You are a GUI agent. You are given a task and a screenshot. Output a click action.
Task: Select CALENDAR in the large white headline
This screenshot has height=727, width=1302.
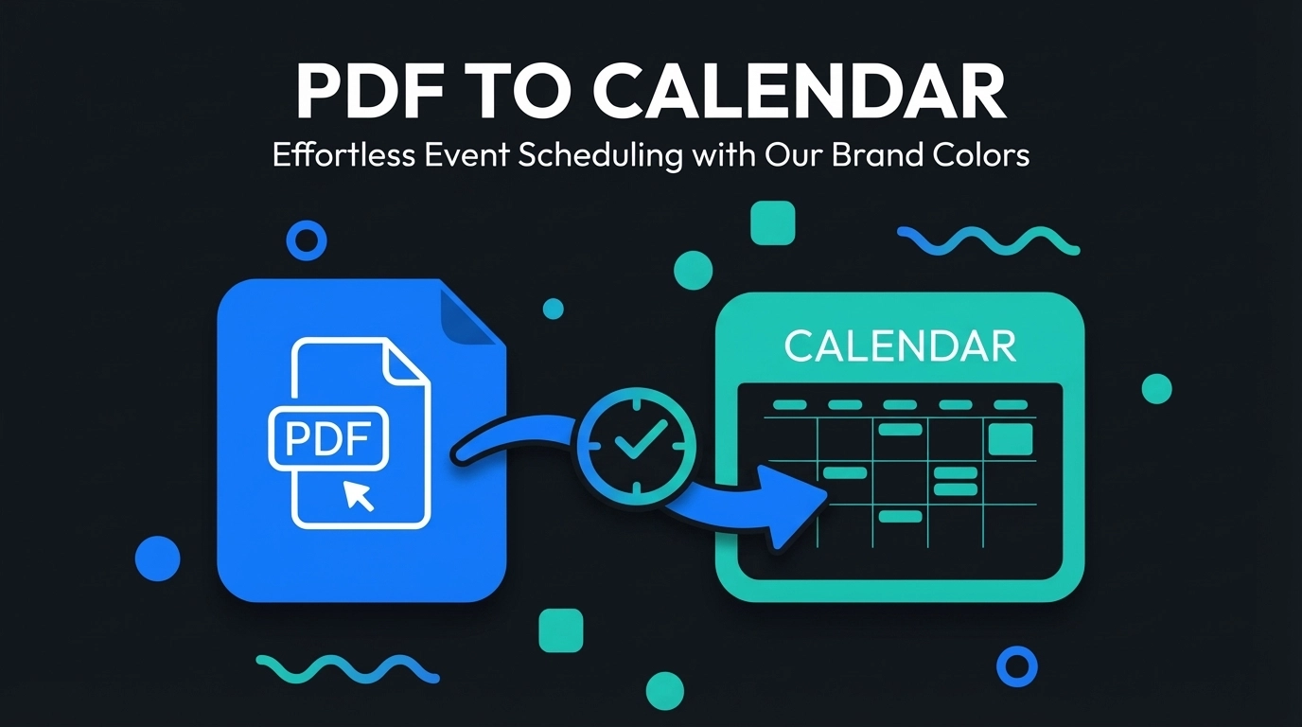pos(800,92)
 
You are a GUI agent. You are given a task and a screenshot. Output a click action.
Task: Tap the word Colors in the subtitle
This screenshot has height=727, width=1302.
pos(981,154)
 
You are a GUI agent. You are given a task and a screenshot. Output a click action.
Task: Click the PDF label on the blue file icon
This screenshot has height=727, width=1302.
pos(329,437)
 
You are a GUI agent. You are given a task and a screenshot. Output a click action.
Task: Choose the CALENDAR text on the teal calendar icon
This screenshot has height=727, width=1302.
pos(900,347)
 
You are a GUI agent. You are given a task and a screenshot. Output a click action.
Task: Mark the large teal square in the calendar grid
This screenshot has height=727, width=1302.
pos(1010,438)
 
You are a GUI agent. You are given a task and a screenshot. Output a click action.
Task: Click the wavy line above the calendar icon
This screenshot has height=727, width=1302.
pos(988,240)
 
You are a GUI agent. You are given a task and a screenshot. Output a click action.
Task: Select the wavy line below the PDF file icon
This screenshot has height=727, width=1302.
pos(347,669)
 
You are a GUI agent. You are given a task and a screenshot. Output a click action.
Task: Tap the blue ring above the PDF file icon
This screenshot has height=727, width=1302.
pos(305,240)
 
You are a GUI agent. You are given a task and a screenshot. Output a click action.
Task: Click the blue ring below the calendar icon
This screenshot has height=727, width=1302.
pos(1017,665)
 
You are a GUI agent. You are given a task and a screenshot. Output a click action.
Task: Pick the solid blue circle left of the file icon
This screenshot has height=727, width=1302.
pos(157,558)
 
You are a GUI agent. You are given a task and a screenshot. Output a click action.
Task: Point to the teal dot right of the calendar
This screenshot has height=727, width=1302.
pos(1156,388)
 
